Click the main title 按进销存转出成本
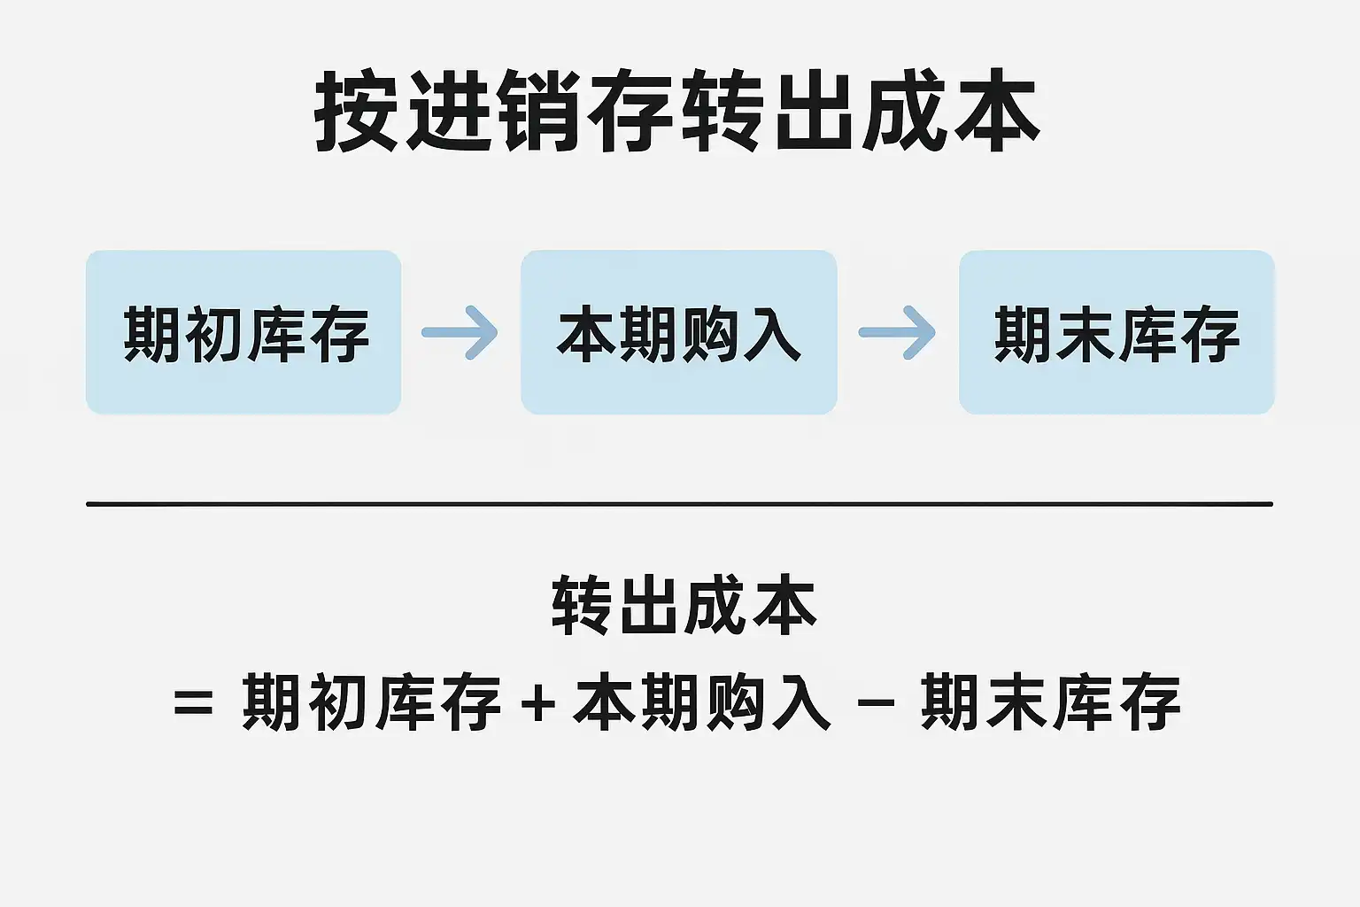(x=677, y=112)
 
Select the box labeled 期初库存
(x=243, y=332)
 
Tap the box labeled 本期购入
(x=679, y=332)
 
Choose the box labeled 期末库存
(x=1117, y=332)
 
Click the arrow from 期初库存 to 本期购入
(x=460, y=332)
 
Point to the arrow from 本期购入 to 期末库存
(x=898, y=332)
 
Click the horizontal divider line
(x=679, y=503)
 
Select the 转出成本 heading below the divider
(x=683, y=606)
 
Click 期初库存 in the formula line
(x=372, y=702)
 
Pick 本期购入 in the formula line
(x=702, y=702)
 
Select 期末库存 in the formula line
(x=1051, y=702)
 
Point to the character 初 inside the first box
(x=214, y=334)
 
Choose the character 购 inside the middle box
(x=709, y=334)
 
